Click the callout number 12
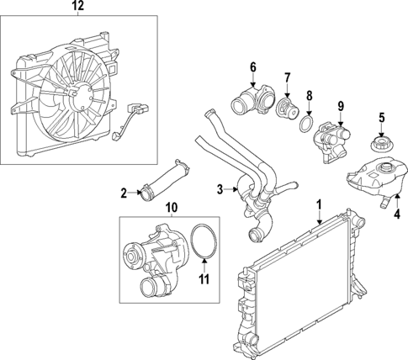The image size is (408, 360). pyautogui.click(x=78, y=7)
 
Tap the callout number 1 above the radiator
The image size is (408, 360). pyautogui.click(x=319, y=204)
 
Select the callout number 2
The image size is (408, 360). pyautogui.click(x=124, y=193)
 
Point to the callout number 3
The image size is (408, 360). pyautogui.click(x=220, y=189)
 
